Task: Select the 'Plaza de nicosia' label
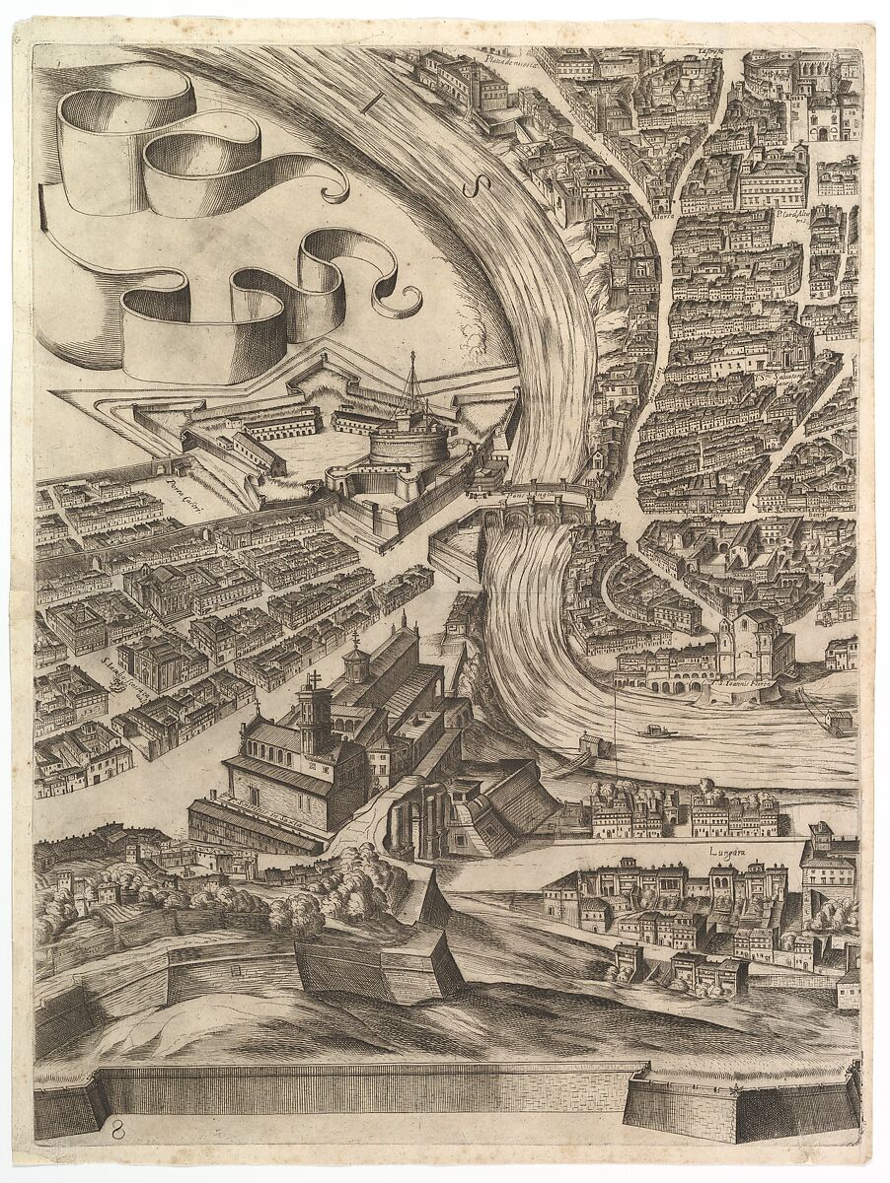pos(510,61)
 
